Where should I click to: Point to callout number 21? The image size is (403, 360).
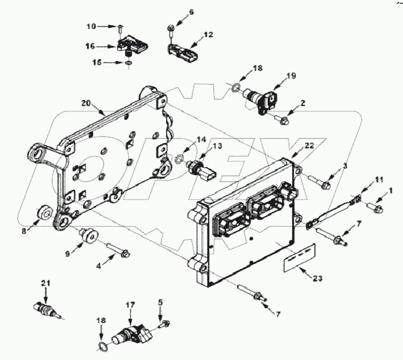[44, 283]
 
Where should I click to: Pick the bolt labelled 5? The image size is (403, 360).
[165, 321]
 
